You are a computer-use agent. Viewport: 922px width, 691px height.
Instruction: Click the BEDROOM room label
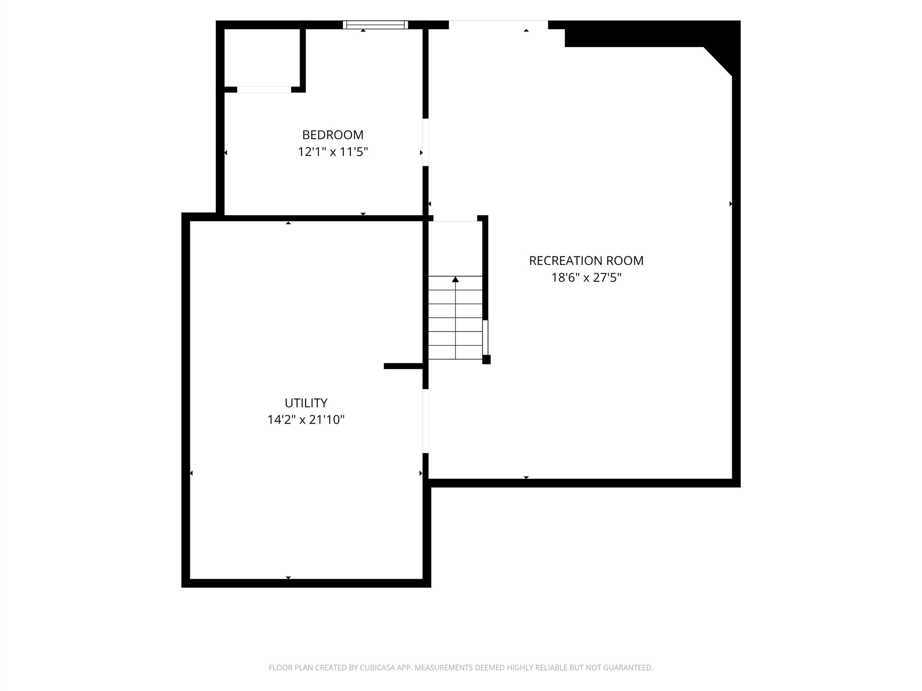[x=333, y=135]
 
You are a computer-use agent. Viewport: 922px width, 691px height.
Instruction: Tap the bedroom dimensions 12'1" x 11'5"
[x=333, y=152]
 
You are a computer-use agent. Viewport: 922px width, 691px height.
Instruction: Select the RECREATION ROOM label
[x=586, y=261]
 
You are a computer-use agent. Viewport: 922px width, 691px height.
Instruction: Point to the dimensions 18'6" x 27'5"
[x=586, y=277]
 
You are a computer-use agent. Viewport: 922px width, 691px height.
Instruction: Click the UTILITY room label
[x=306, y=403]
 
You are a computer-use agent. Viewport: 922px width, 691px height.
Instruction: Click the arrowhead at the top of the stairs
[x=456, y=279]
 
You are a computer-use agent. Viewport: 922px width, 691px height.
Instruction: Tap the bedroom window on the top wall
[x=375, y=24]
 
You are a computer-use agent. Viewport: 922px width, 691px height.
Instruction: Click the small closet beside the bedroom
[x=262, y=58]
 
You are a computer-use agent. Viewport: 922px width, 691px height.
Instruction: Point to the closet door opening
[x=264, y=90]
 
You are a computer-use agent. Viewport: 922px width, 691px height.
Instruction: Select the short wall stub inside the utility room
[x=403, y=366]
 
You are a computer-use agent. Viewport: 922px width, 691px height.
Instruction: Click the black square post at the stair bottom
[x=487, y=360]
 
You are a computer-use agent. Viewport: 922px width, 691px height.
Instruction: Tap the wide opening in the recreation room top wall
[x=498, y=24]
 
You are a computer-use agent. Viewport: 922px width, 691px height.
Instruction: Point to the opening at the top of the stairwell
[x=455, y=218]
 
